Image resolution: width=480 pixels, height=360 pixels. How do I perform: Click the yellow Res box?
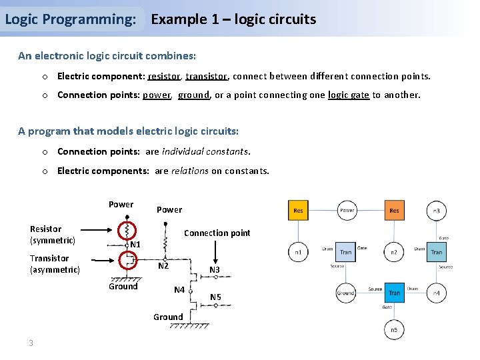(x=298, y=210)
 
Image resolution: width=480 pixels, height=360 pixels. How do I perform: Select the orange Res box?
(x=394, y=210)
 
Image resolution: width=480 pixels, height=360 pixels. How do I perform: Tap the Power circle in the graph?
(x=347, y=210)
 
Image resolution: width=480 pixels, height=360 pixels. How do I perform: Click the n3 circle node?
(x=437, y=210)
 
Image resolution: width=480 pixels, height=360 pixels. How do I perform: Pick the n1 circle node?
(x=298, y=252)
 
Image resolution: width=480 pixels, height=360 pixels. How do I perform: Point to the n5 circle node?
(x=394, y=329)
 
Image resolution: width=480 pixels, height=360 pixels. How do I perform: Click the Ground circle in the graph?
(x=346, y=293)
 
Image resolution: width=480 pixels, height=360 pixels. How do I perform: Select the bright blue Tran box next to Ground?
(x=394, y=293)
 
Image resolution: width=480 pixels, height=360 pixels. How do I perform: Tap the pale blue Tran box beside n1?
(x=346, y=252)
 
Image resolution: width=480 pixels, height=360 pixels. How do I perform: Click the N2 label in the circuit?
(x=163, y=266)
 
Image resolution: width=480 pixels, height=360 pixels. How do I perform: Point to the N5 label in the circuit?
(x=216, y=297)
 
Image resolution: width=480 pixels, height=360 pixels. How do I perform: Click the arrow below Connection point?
(x=215, y=251)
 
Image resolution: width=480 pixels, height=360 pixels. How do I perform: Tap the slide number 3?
(x=31, y=343)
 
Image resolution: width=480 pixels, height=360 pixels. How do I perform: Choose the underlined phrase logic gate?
(x=348, y=95)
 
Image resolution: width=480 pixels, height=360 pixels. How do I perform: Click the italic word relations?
(x=190, y=171)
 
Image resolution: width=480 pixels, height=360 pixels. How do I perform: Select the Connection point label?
(x=217, y=233)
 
